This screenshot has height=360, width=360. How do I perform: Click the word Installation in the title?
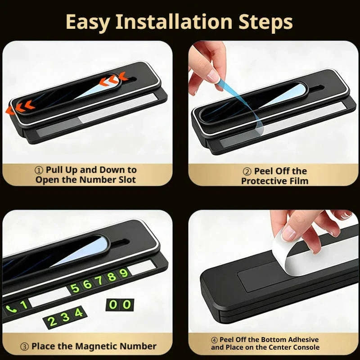pyautogui.click(x=174, y=22)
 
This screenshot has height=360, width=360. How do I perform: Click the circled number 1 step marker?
pyautogui.click(x=39, y=171)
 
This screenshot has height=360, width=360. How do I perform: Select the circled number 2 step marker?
pyautogui.click(x=247, y=172)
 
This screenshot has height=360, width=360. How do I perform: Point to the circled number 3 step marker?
pyautogui.click(x=25, y=346)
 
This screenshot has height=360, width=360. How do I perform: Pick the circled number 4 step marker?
pyautogui.click(x=214, y=340)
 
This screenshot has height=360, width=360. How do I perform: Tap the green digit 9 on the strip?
pyautogui.click(x=123, y=273)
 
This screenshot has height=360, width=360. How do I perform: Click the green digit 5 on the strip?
pyautogui.click(x=74, y=288)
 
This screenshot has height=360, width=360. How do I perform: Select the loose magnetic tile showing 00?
pyautogui.click(x=120, y=305)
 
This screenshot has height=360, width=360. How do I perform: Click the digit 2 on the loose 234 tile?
pyautogui.click(x=52, y=321)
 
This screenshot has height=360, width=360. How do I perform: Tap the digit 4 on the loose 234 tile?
pyautogui.click(x=78, y=312)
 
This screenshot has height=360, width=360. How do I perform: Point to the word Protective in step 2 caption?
pyautogui.click(x=261, y=181)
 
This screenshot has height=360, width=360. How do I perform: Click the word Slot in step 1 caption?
pyautogui.click(x=127, y=180)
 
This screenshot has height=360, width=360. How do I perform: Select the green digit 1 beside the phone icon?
pyautogui.click(x=24, y=305)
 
